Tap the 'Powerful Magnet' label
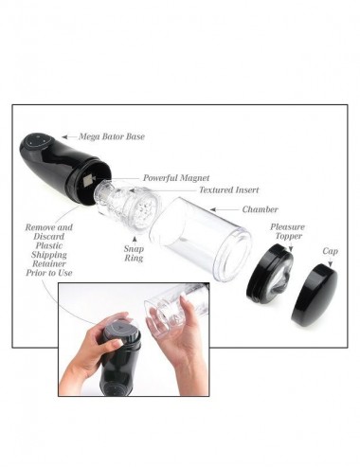point(175,177)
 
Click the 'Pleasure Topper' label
point(287,232)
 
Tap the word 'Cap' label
point(330,251)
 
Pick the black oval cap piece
point(314,294)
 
